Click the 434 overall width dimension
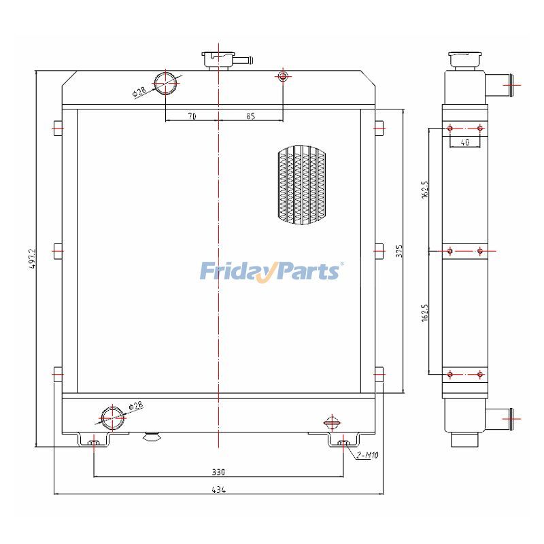[x=219, y=490]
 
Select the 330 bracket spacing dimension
[x=218, y=471]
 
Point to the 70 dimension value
[x=192, y=116]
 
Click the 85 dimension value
[x=250, y=116]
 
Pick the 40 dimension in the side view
[x=465, y=142]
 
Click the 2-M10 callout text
[x=367, y=455]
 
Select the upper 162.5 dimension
[x=424, y=190]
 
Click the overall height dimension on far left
[x=31, y=258]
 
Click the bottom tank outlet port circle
[x=112, y=415]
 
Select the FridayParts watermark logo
[x=271, y=271]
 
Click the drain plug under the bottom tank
[x=151, y=437]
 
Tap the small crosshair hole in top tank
[x=283, y=76]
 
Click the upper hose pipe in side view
[x=500, y=85]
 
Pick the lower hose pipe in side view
[x=500, y=415]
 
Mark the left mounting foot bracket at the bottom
[x=95, y=442]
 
